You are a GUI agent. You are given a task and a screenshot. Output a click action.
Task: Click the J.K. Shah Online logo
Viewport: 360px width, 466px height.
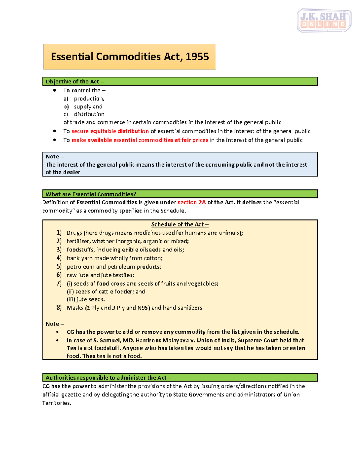(324, 20)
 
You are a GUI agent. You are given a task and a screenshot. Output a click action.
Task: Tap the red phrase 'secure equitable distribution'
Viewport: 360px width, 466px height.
(110, 131)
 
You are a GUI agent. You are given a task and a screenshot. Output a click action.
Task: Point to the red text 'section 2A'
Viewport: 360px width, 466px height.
(192, 202)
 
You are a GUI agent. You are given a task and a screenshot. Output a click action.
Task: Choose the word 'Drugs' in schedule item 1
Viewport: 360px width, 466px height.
(74, 233)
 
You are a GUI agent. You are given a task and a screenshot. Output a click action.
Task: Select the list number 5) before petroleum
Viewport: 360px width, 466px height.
(59, 266)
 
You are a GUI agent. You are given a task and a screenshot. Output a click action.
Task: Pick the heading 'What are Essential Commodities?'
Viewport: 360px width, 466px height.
(91, 194)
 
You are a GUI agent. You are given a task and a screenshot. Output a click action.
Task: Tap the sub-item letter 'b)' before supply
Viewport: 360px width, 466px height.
(66, 107)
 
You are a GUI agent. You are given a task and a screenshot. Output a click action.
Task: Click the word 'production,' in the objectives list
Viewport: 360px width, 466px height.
(89, 98)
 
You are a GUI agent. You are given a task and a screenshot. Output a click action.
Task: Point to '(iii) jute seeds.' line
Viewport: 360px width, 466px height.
(86, 299)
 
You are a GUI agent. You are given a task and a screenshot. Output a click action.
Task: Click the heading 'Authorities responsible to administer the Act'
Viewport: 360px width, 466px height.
(108, 377)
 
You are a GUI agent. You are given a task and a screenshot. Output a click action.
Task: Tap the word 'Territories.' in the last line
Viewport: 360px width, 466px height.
(57, 403)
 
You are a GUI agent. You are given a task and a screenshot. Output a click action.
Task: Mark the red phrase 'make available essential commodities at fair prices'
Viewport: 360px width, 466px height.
(140, 140)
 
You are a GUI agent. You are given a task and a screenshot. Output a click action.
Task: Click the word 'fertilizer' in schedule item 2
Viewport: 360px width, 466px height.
(78, 241)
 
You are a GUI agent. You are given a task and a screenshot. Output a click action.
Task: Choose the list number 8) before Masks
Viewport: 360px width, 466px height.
(59, 308)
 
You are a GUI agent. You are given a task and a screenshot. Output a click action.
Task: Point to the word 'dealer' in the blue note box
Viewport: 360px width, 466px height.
(71, 172)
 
